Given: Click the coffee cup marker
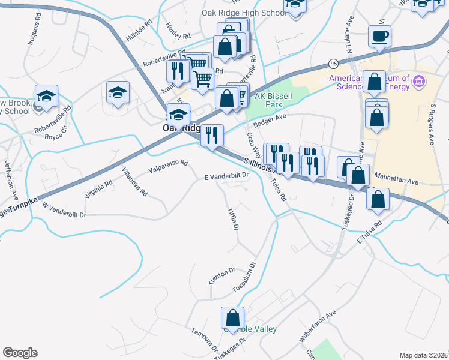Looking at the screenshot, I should point(380,37).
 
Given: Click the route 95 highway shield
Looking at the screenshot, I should point(333,63).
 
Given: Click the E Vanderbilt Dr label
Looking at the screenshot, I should point(226,176).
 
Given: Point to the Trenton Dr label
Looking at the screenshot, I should point(221,277).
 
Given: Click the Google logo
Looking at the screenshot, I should point(19,353).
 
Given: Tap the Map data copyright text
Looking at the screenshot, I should point(424,355).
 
